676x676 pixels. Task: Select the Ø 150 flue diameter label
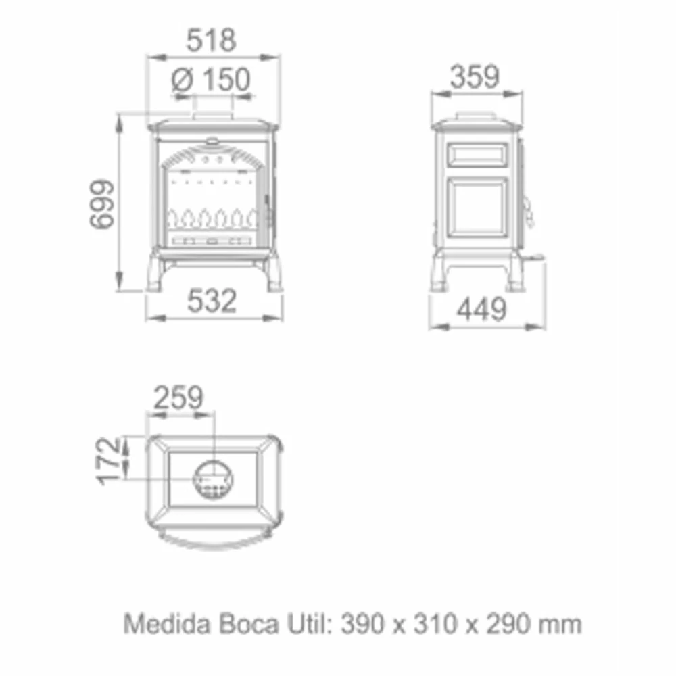tap(211, 80)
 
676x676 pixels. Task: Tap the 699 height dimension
tap(101, 204)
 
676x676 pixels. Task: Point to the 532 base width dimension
tap(213, 301)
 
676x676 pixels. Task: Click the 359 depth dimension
tap(475, 77)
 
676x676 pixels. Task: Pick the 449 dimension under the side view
tap(481, 310)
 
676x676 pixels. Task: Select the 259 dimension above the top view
tap(178, 398)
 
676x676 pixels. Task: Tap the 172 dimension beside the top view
tap(110, 461)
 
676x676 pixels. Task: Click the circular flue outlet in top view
tap(213, 478)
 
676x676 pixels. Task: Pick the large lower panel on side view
tap(479, 208)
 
